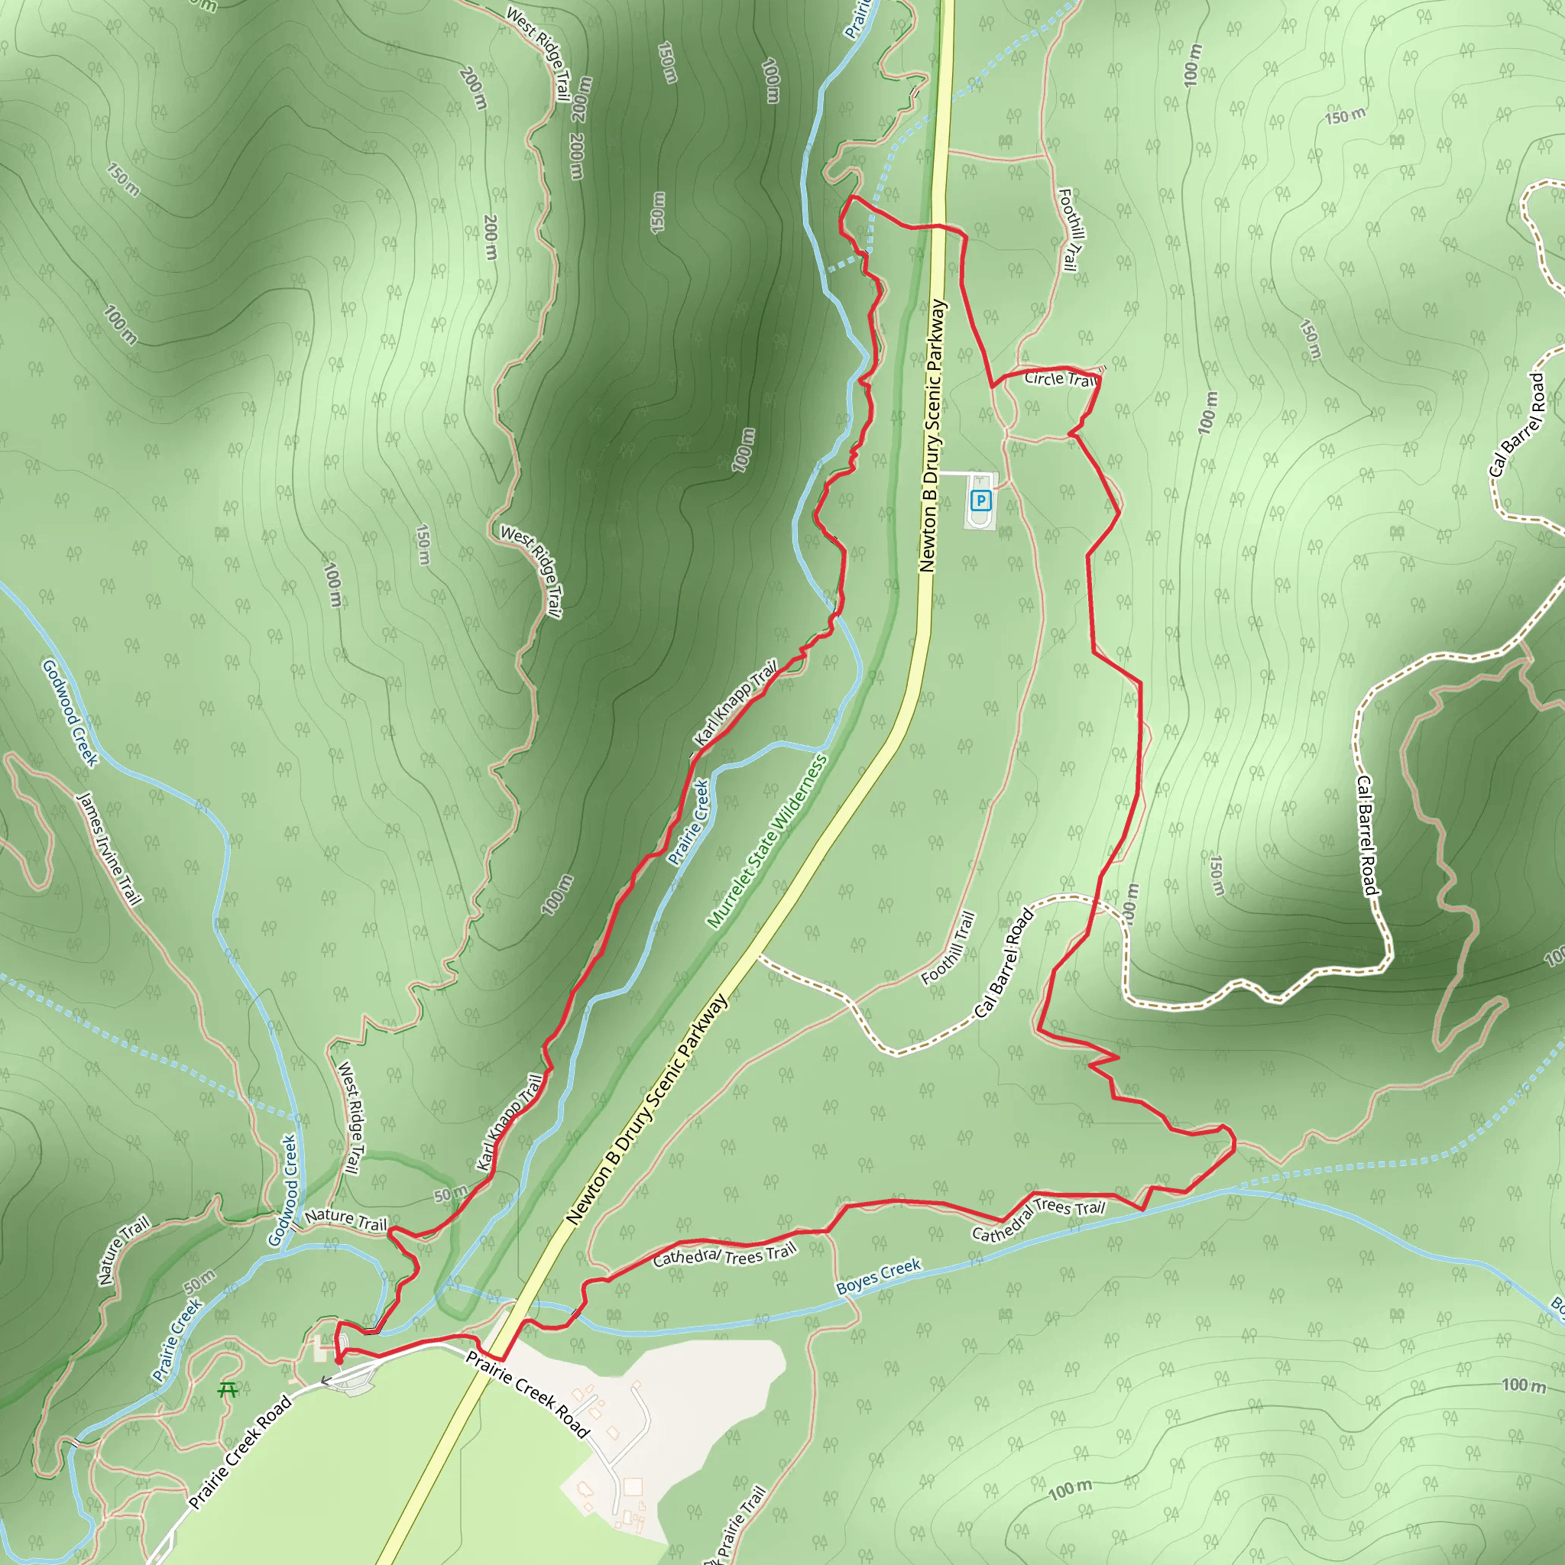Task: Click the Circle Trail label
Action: click(1060, 379)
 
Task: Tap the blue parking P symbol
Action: click(981, 501)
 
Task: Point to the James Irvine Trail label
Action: click(109, 848)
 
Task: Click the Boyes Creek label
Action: click(878, 1276)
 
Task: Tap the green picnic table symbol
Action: click(228, 1390)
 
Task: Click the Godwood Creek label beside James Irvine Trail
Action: click(70, 712)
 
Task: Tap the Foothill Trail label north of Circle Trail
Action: click(1068, 230)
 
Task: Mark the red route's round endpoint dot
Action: click(339, 1361)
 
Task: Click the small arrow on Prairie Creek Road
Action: click(326, 1380)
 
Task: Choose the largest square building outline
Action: click(633, 1486)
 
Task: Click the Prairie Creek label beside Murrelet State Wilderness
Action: click(689, 822)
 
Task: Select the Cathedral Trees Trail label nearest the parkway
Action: click(724, 1256)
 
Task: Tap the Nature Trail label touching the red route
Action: click(346, 1219)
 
